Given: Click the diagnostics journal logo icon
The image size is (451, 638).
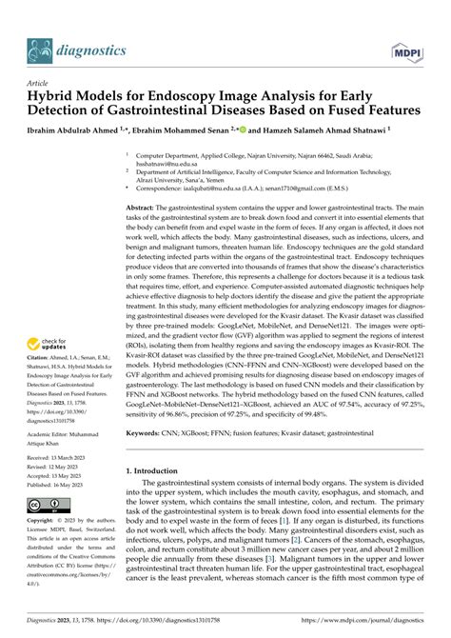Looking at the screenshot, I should (x=38, y=50).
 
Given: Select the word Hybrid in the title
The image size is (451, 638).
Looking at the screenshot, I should (x=50, y=96).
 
